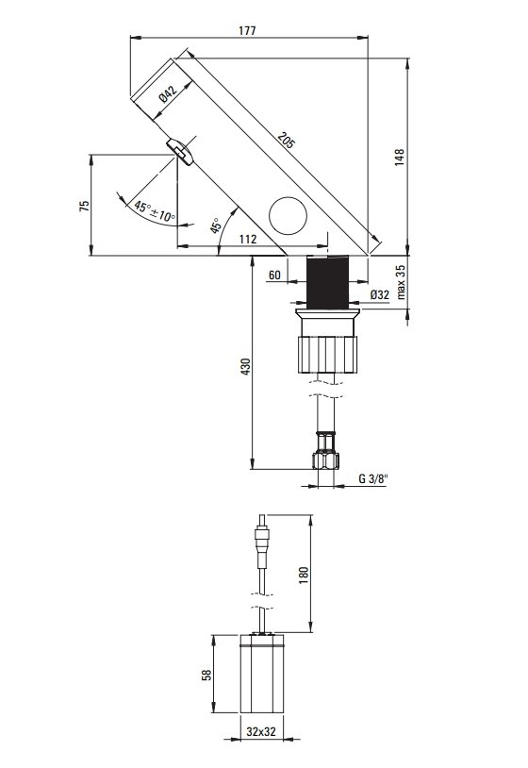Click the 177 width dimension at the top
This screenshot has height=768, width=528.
click(248, 30)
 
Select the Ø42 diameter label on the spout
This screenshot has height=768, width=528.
click(167, 94)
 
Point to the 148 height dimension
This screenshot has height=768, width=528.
click(400, 158)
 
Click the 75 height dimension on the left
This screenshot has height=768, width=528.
click(84, 206)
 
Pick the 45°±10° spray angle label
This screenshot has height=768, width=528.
click(156, 211)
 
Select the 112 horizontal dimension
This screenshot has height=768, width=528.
click(248, 239)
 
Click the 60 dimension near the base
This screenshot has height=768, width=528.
click(275, 275)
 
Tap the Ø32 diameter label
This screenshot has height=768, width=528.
click(380, 294)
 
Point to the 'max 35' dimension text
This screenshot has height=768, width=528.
click(401, 282)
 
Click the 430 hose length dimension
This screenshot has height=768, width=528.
click(246, 367)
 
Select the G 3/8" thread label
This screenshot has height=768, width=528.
click(372, 478)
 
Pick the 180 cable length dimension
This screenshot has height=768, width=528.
click(304, 575)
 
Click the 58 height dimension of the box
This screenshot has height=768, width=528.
click(207, 675)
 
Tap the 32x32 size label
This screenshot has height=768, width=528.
click(261, 732)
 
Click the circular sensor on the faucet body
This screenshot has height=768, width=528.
click(289, 216)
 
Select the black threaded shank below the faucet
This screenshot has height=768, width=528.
click(327, 283)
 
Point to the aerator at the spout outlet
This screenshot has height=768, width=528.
click(179, 152)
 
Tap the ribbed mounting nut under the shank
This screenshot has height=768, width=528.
click(327, 355)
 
